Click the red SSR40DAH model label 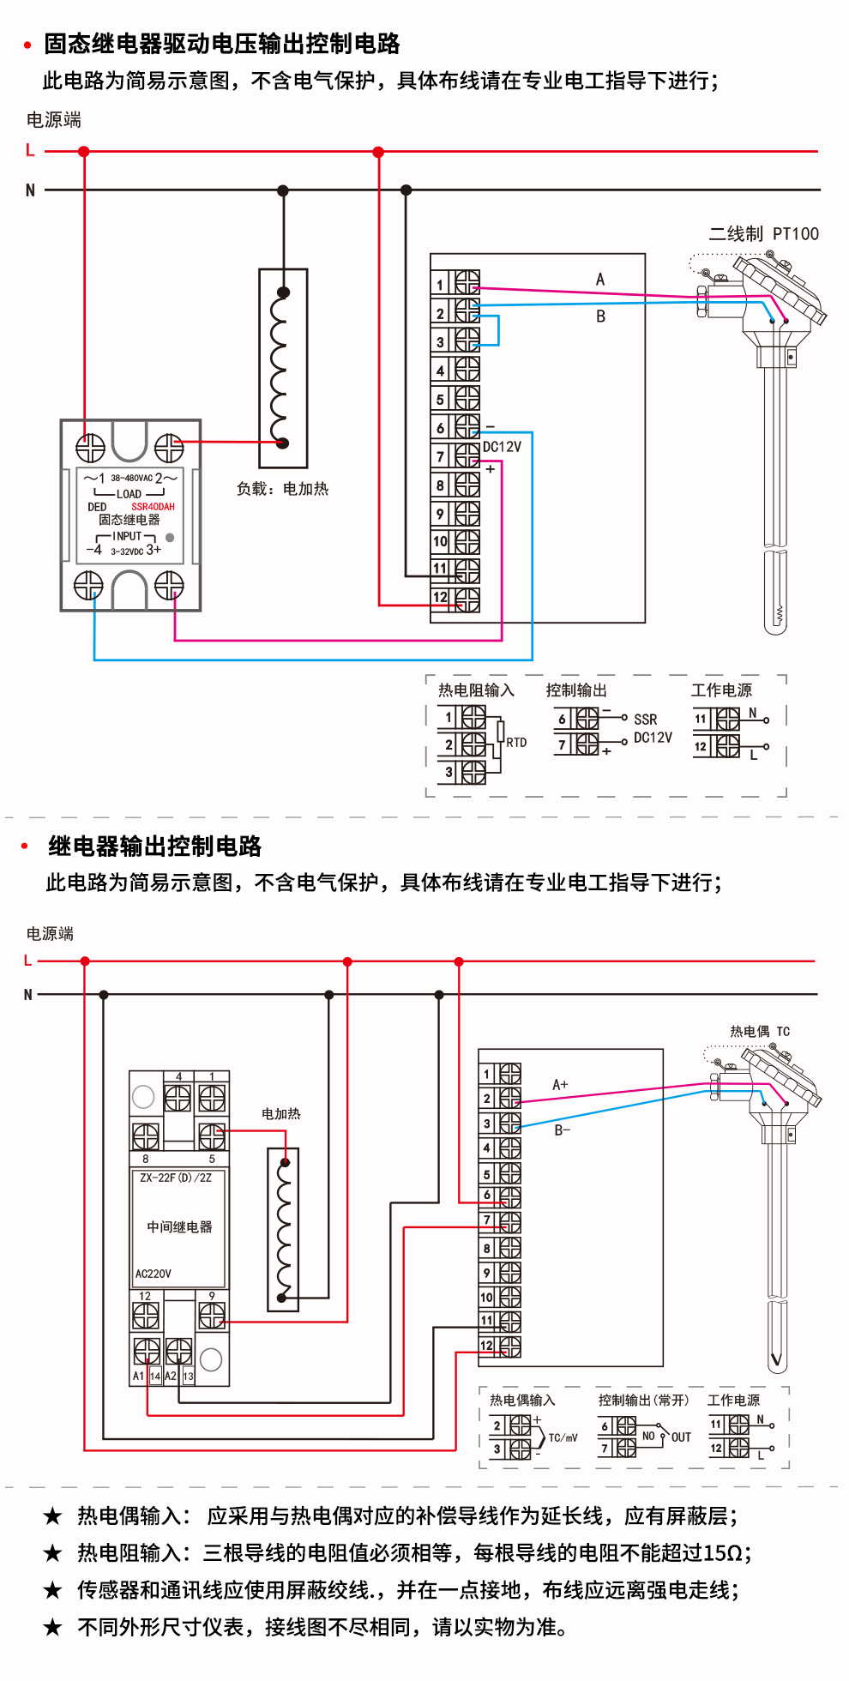click(153, 507)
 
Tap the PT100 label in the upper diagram click(795, 234)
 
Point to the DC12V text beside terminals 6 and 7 click(502, 447)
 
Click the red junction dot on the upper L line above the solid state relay click(83, 152)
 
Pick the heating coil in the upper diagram click(282, 368)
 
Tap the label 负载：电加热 click(282, 489)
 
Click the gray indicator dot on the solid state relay click(170, 538)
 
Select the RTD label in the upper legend click(516, 743)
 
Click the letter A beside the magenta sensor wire click(600, 280)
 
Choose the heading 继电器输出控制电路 click(154, 847)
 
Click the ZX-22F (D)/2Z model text click(176, 1178)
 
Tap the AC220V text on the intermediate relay click(153, 1274)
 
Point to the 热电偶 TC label click(760, 1032)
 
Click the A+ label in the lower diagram click(560, 1085)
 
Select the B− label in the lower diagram click(562, 1130)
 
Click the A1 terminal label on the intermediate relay click(138, 1376)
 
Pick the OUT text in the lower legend click(681, 1437)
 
